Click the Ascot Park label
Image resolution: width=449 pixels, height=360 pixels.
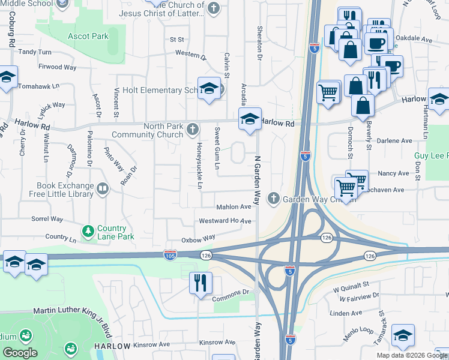pos(88,36)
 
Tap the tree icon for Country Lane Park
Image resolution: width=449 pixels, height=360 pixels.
pos(88,230)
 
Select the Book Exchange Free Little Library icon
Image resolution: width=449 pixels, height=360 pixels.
pos(103,190)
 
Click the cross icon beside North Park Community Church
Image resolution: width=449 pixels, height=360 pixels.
pos(193,129)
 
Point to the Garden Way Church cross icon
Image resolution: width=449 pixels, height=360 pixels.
pos(274,198)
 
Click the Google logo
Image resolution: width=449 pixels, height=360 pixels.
pos(20,352)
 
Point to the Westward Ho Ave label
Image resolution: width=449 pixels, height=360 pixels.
pos(225,221)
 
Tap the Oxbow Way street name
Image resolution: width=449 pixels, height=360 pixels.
pos(199,238)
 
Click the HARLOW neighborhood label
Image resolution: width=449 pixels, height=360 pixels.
pos(112,346)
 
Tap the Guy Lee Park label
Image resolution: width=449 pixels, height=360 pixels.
pos(431,155)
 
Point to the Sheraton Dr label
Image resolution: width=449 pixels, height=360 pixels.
pos(260,43)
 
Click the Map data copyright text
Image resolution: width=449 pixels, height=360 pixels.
pos(412,355)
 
